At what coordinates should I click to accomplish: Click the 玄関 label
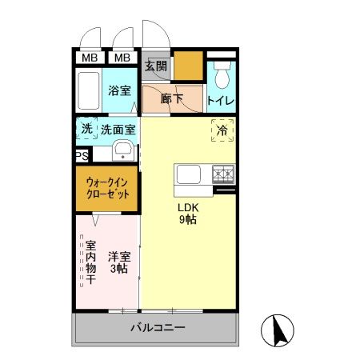(x=156, y=66)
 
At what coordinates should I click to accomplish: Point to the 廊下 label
(x=170, y=99)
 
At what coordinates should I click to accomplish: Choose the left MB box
(x=89, y=58)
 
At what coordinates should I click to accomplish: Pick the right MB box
(x=122, y=58)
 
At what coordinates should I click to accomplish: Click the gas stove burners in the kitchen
(x=222, y=173)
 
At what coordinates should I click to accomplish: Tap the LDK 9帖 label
(x=188, y=214)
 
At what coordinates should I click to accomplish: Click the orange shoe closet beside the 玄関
(x=189, y=66)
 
